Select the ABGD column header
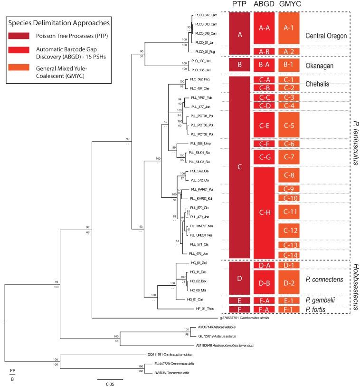click(264, 5)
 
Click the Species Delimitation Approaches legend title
click(59, 22)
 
